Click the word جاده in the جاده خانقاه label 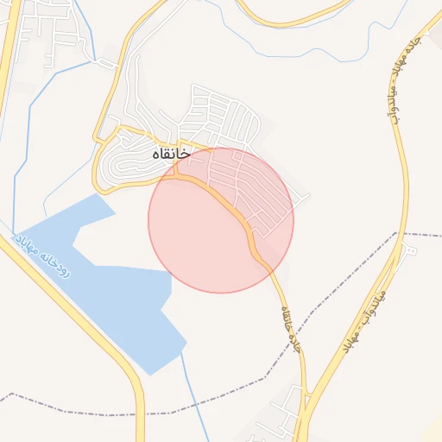pyautogui.click(x=296, y=344)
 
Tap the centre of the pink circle pyautogui.click(x=221, y=220)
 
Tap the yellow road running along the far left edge pyautogui.click(x=7, y=52)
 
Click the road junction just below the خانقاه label pyautogui.click(x=176, y=173)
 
